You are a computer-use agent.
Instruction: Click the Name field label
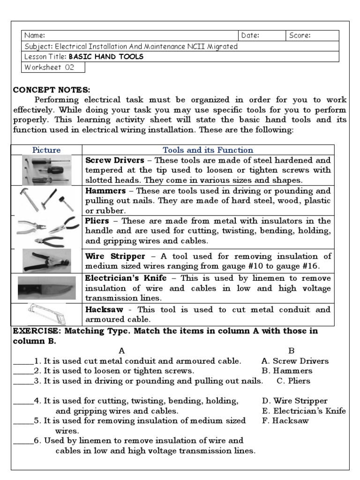(x=35, y=36)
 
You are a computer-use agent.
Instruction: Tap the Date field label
(x=250, y=36)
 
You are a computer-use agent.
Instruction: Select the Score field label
(x=300, y=36)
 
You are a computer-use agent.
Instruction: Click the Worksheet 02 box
(x=54, y=67)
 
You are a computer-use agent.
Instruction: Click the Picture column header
(x=46, y=150)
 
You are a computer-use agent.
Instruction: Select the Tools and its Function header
(x=208, y=150)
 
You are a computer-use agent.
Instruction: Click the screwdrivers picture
(x=46, y=170)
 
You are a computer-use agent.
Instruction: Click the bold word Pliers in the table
(x=97, y=221)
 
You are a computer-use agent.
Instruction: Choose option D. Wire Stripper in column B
(x=294, y=401)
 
